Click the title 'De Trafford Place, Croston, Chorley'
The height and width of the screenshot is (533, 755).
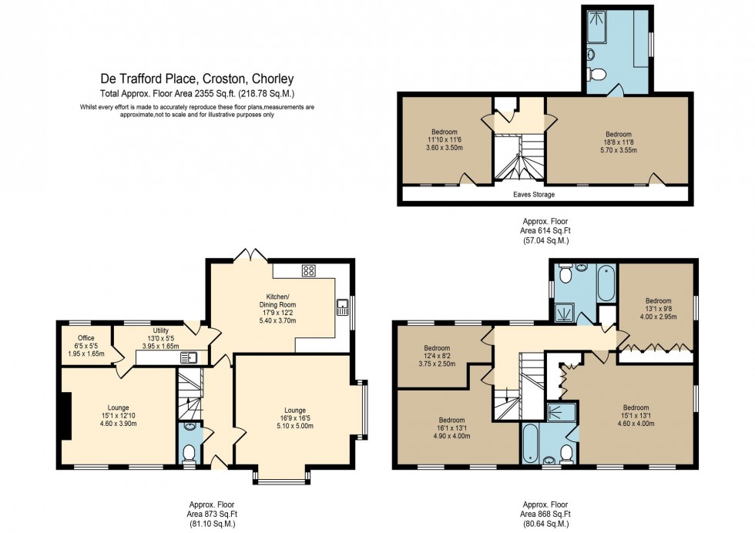197,79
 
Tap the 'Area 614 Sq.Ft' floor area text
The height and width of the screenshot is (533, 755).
545,230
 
